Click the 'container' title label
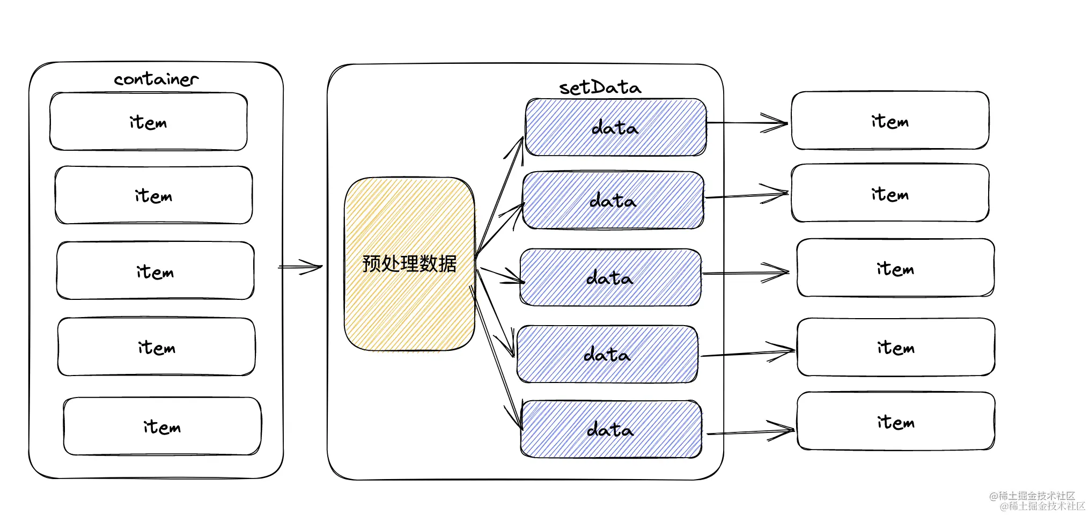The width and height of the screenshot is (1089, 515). click(156, 79)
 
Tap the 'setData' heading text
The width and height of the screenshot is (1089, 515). click(600, 87)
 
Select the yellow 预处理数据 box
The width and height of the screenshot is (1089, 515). click(409, 264)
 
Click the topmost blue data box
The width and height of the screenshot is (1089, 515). click(616, 127)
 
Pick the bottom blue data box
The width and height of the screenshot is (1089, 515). click(611, 429)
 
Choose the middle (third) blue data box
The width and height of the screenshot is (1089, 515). click(610, 277)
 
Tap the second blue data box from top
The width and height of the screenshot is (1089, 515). click(613, 200)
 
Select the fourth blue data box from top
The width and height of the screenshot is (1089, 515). click(608, 354)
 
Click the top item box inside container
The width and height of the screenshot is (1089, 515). click(149, 122)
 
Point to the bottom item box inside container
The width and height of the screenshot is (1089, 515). click(162, 426)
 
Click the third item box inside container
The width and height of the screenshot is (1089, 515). click(156, 270)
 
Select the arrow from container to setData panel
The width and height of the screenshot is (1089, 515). click(300, 267)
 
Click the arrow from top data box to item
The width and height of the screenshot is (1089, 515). click(748, 123)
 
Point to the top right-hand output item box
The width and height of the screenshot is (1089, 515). click(891, 120)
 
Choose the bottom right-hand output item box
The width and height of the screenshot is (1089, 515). click(896, 421)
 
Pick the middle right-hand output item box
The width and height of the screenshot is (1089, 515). click(895, 268)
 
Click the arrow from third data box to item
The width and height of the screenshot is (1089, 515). click(746, 273)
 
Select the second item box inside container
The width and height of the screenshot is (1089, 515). click(154, 195)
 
